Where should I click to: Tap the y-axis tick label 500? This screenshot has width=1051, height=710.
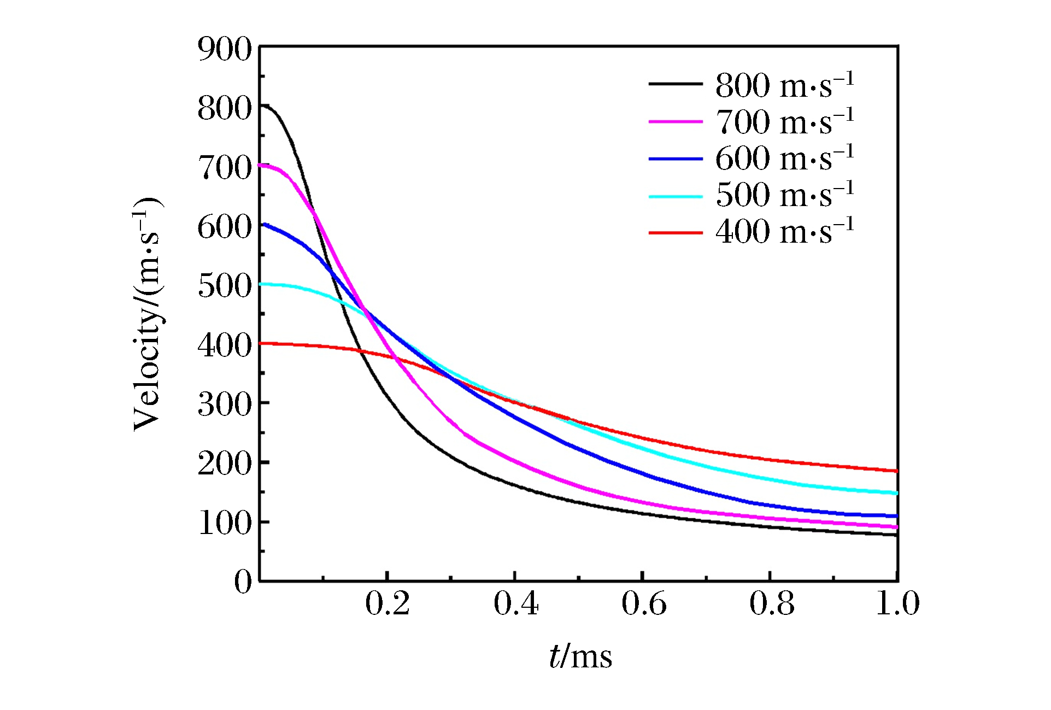click(x=224, y=285)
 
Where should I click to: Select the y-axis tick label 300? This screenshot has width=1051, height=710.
click(x=224, y=404)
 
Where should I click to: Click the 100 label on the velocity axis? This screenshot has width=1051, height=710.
click(x=224, y=523)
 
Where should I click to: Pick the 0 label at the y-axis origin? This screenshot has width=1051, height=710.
click(x=243, y=582)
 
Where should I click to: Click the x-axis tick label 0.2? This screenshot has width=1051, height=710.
click(x=387, y=604)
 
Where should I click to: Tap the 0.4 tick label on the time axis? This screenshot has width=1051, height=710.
click(x=515, y=604)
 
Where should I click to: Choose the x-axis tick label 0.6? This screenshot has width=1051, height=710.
click(x=644, y=604)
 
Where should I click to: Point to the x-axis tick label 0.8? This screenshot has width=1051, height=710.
click(x=772, y=604)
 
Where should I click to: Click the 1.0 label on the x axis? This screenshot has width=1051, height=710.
click(x=897, y=604)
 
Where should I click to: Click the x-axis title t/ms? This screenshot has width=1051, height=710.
click(x=580, y=656)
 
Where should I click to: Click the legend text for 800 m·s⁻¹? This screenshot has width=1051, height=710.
click(x=784, y=86)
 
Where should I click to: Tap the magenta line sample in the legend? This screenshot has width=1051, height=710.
click(x=676, y=122)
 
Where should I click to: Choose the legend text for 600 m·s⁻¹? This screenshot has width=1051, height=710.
click(x=784, y=159)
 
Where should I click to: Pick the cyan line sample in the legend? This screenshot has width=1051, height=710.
click(x=676, y=196)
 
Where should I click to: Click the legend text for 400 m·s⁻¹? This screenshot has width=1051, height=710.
click(x=784, y=232)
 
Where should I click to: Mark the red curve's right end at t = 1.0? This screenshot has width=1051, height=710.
click(x=896, y=471)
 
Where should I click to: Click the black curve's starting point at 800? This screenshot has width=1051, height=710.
click(x=261, y=105)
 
